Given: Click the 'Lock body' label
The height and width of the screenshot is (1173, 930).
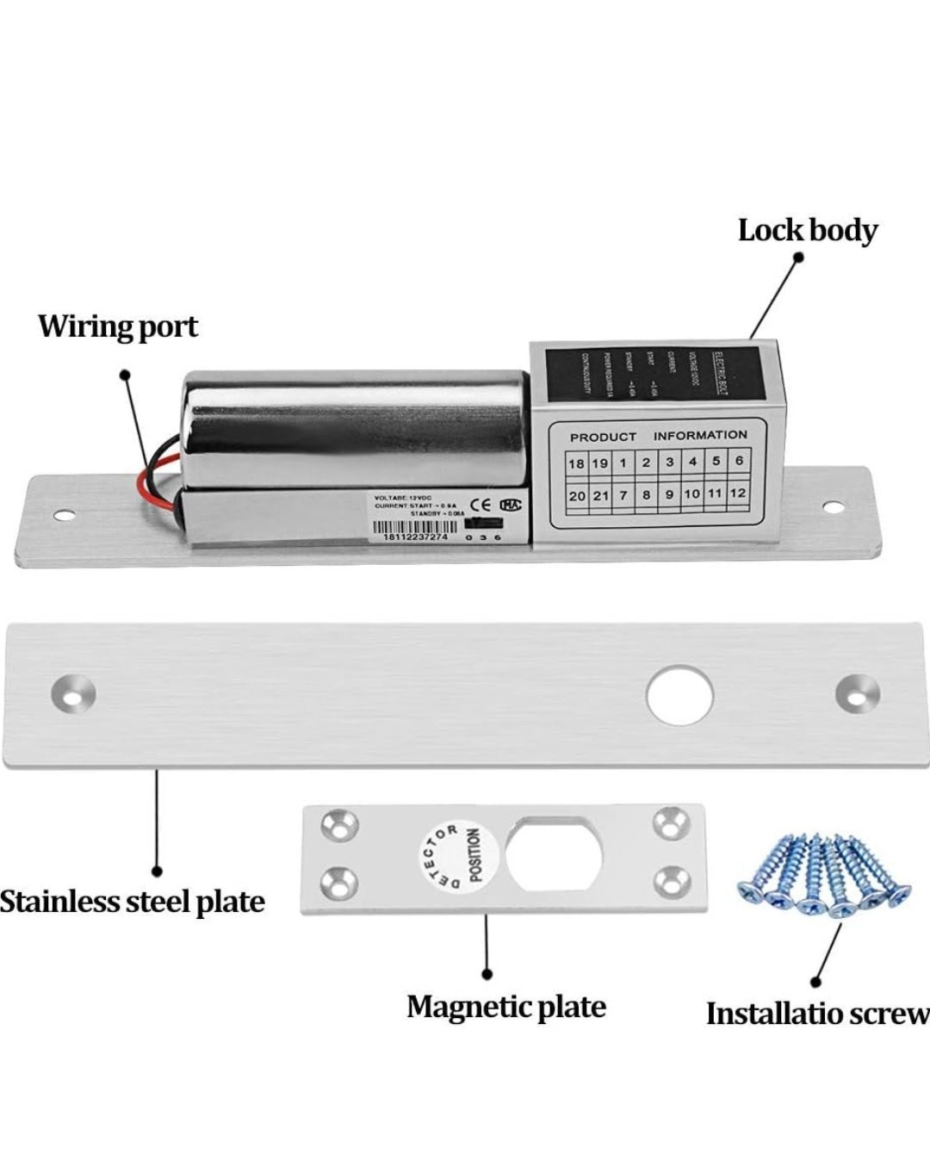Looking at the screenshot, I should pyautogui.click(x=807, y=231).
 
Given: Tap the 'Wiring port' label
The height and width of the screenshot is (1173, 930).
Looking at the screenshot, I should pyautogui.click(x=118, y=326).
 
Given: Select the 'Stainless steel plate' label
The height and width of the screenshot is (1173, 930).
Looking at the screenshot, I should pyautogui.click(x=132, y=902).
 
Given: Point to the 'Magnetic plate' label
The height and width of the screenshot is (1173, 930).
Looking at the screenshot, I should pyautogui.click(x=506, y=1006).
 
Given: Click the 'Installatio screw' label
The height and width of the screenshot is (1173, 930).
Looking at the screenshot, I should pyautogui.click(x=817, y=1014).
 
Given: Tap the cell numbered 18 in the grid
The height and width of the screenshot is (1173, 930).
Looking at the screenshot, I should pyautogui.click(x=576, y=463).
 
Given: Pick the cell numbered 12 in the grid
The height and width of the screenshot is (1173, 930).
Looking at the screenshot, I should pyautogui.click(x=737, y=493).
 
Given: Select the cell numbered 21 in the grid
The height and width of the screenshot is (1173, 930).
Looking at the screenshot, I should pyautogui.click(x=600, y=496).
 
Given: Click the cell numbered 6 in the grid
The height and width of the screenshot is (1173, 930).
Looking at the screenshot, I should pyautogui.click(x=739, y=460).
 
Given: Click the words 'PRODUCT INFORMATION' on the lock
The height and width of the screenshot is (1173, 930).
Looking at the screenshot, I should pyautogui.click(x=658, y=436).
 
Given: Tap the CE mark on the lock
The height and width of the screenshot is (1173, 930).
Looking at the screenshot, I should pyautogui.click(x=480, y=505).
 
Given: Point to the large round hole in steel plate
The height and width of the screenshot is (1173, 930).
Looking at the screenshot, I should pyautogui.click(x=679, y=694).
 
